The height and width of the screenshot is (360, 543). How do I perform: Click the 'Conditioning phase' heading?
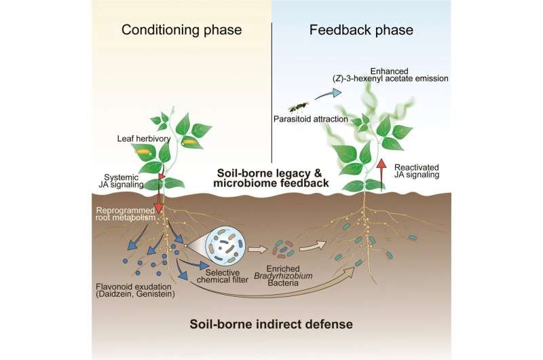tap(181, 30)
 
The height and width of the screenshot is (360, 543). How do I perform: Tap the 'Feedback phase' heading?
tap(361, 30)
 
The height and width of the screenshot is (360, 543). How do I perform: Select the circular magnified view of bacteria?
tap(226, 245)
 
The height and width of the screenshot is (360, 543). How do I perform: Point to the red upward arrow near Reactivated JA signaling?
tap(381, 175)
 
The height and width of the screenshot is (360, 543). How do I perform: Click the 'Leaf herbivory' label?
tap(144, 139)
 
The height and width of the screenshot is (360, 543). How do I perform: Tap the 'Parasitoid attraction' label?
tap(311, 119)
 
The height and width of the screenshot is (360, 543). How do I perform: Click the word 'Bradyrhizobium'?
tap(283, 276)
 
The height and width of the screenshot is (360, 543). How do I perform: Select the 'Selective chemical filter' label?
tap(223, 276)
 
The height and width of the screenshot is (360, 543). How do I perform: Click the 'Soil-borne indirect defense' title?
tap(271, 324)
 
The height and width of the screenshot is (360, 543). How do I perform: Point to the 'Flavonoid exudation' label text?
tap(134, 287)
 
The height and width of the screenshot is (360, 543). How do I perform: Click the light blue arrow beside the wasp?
tap(328, 94)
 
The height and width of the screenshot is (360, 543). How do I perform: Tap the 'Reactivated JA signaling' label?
tap(417, 171)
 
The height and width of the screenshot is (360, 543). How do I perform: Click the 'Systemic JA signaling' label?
tap(121, 181)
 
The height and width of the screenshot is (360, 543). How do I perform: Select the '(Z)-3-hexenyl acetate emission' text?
tap(388, 79)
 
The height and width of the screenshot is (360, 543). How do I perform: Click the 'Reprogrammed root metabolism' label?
tap(126, 214)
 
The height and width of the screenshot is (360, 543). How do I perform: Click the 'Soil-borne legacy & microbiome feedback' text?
tap(271, 178)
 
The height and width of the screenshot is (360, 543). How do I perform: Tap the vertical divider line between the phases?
tap(272, 92)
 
